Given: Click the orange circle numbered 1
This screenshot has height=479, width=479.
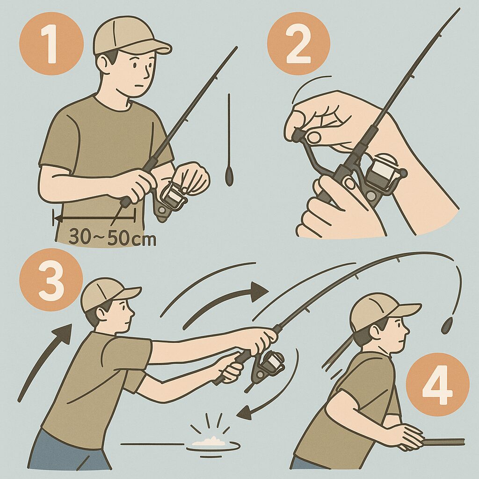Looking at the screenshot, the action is point(51,44).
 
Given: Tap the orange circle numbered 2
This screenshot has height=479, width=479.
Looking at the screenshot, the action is point(298,44).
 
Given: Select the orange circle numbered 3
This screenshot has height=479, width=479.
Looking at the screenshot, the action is point(51,280).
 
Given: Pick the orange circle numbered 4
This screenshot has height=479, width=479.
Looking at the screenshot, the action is point(437,385).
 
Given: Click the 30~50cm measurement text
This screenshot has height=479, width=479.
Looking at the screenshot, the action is point(112,237).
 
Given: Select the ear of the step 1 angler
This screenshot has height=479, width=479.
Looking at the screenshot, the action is point(104,63).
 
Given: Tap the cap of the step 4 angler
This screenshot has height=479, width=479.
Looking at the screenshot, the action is point(382,312).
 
